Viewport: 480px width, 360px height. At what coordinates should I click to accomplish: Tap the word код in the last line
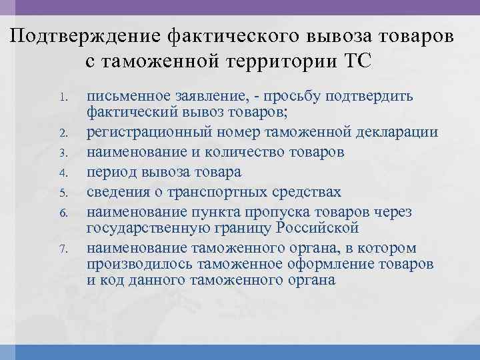click(106, 280)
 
